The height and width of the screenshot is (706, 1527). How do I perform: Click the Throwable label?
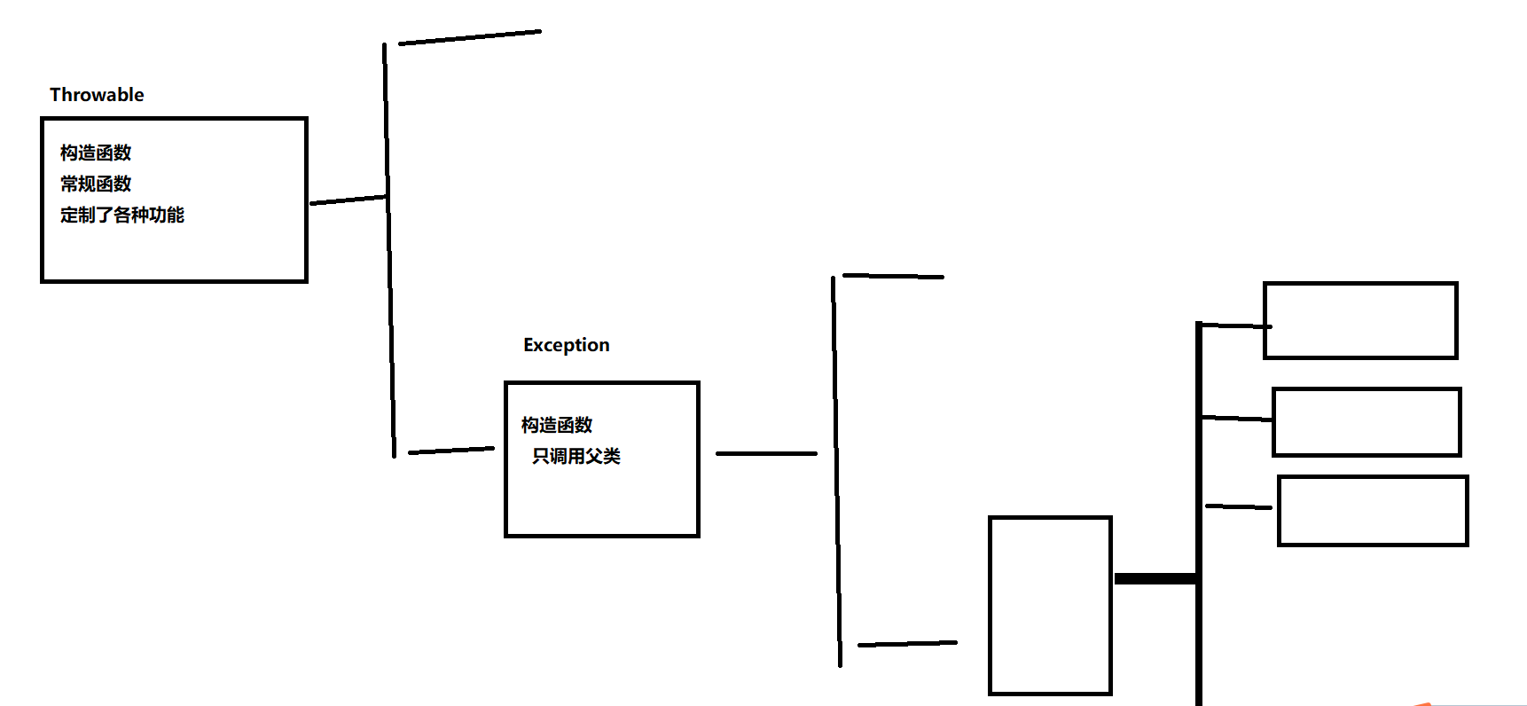click(97, 95)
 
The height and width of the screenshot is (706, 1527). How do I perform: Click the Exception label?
click(566, 345)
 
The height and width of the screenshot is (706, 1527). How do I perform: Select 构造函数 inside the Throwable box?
click(96, 153)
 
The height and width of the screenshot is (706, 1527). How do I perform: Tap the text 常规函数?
click(96, 184)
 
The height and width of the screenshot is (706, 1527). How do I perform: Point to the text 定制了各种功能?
click(122, 215)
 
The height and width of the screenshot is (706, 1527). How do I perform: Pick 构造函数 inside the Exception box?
click(557, 425)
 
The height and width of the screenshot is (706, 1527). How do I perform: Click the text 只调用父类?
click(576, 456)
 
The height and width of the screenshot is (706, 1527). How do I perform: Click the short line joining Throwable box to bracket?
click(348, 200)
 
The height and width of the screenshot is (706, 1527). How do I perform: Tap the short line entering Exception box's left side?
click(450, 451)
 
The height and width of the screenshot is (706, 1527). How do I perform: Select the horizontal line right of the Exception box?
click(766, 453)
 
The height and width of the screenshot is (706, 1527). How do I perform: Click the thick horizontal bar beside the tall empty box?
click(1155, 579)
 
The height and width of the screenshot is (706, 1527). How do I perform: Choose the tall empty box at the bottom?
click(1050, 605)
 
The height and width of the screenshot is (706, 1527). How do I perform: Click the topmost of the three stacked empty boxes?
click(1360, 320)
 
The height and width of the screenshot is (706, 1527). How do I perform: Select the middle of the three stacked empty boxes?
click(1366, 422)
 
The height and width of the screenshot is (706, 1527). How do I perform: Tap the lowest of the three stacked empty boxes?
click(1373, 511)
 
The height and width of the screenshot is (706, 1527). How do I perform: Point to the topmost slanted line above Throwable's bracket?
click(470, 36)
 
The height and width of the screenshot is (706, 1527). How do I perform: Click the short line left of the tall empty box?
click(907, 644)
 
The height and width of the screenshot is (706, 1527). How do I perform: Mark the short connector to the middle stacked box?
click(1237, 418)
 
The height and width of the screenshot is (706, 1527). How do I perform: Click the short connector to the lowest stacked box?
click(1239, 506)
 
